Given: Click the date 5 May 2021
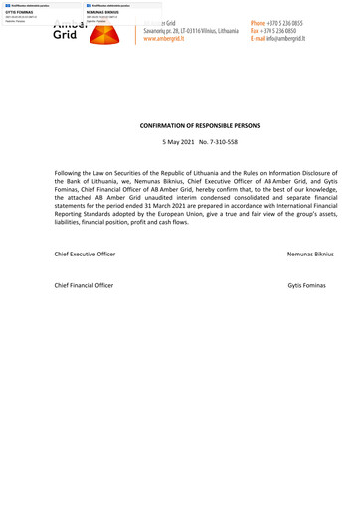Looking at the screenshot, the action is pos(181,143).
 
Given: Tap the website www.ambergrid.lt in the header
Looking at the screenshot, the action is pos(172,39).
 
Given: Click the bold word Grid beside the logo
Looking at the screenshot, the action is pos(65,34).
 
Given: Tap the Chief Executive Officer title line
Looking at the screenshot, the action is pos(85,255).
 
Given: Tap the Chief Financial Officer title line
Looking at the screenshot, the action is pos(84,286).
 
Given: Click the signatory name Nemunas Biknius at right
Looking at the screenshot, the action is pos(309,255).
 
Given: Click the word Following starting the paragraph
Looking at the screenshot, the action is pos(72,172).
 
